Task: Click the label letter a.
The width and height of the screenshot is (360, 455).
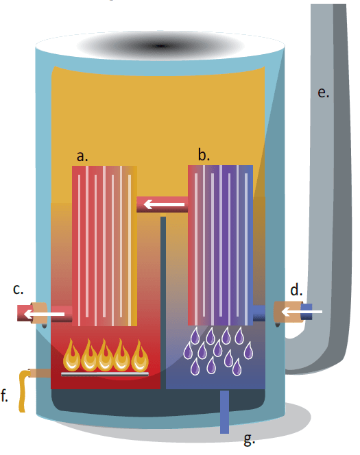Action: pos(82,156)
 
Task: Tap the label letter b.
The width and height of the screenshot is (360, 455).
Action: pos(204,154)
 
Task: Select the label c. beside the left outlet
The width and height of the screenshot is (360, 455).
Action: pos(18,290)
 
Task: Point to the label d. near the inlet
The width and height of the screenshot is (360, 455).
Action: pos(296,290)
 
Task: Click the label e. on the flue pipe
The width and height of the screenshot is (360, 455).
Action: pos(324,93)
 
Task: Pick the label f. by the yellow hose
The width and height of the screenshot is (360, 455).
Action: pos(4,395)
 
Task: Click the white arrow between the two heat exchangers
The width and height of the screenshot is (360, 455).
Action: pos(164,204)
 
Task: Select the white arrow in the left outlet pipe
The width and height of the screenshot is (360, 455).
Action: pos(44,314)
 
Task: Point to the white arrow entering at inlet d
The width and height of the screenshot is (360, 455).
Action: pos(302,312)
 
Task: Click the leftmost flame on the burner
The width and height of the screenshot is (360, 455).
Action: pos(72,355)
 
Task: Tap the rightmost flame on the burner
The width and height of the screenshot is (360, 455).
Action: pos(140,355)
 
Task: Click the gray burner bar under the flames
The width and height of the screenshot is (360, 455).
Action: pos(105,374)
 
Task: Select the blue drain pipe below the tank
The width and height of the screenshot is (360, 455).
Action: pos(224,411)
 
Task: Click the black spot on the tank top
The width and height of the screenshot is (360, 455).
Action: pos(160,45)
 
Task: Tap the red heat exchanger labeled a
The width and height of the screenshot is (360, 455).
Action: pos(104,246)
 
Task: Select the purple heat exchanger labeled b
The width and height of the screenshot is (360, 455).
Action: pos(220,245)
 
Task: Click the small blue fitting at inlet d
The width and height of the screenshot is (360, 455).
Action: pos(307,311)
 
